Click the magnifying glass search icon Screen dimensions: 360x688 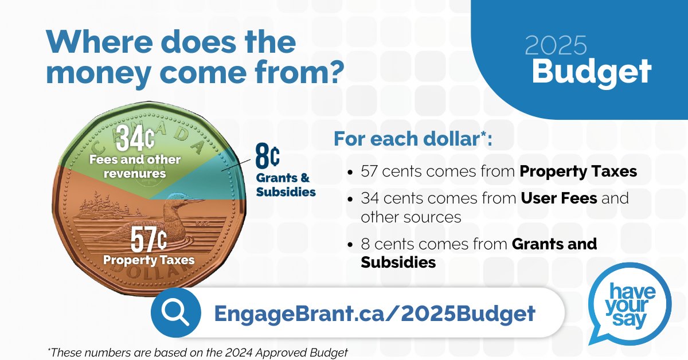(x=175, y=313)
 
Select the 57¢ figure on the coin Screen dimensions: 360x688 (x=144, y=240)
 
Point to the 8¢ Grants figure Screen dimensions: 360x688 (x=267, y=156)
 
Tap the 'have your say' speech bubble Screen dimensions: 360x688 (x=630, y=311)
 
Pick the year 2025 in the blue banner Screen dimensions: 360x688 (x=556, y=46)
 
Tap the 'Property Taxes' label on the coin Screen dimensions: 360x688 (x=148, y=260)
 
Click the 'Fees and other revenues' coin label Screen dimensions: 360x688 (x=135, y=166)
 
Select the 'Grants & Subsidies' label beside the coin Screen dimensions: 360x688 (x=286, y=185)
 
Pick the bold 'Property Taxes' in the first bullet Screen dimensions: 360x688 (x=578, y=171)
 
